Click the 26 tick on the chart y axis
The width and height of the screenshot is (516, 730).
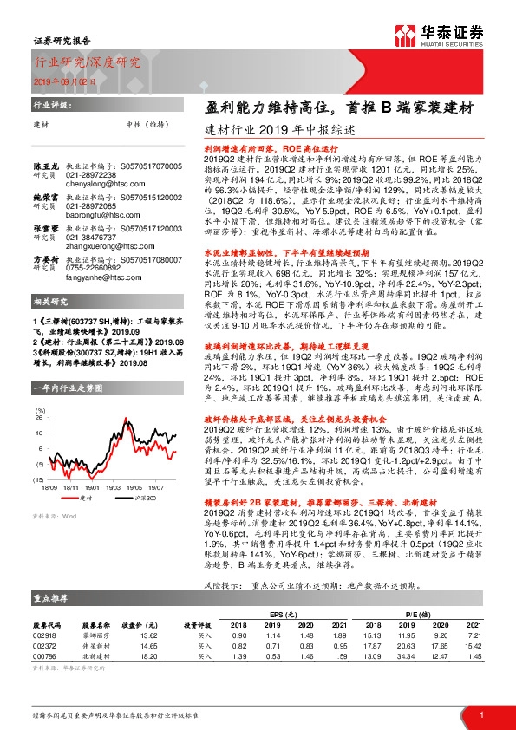pyautogui.click(x=39, y=418)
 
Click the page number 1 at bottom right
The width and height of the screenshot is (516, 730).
pyautogui.click(x=480, y=714)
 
